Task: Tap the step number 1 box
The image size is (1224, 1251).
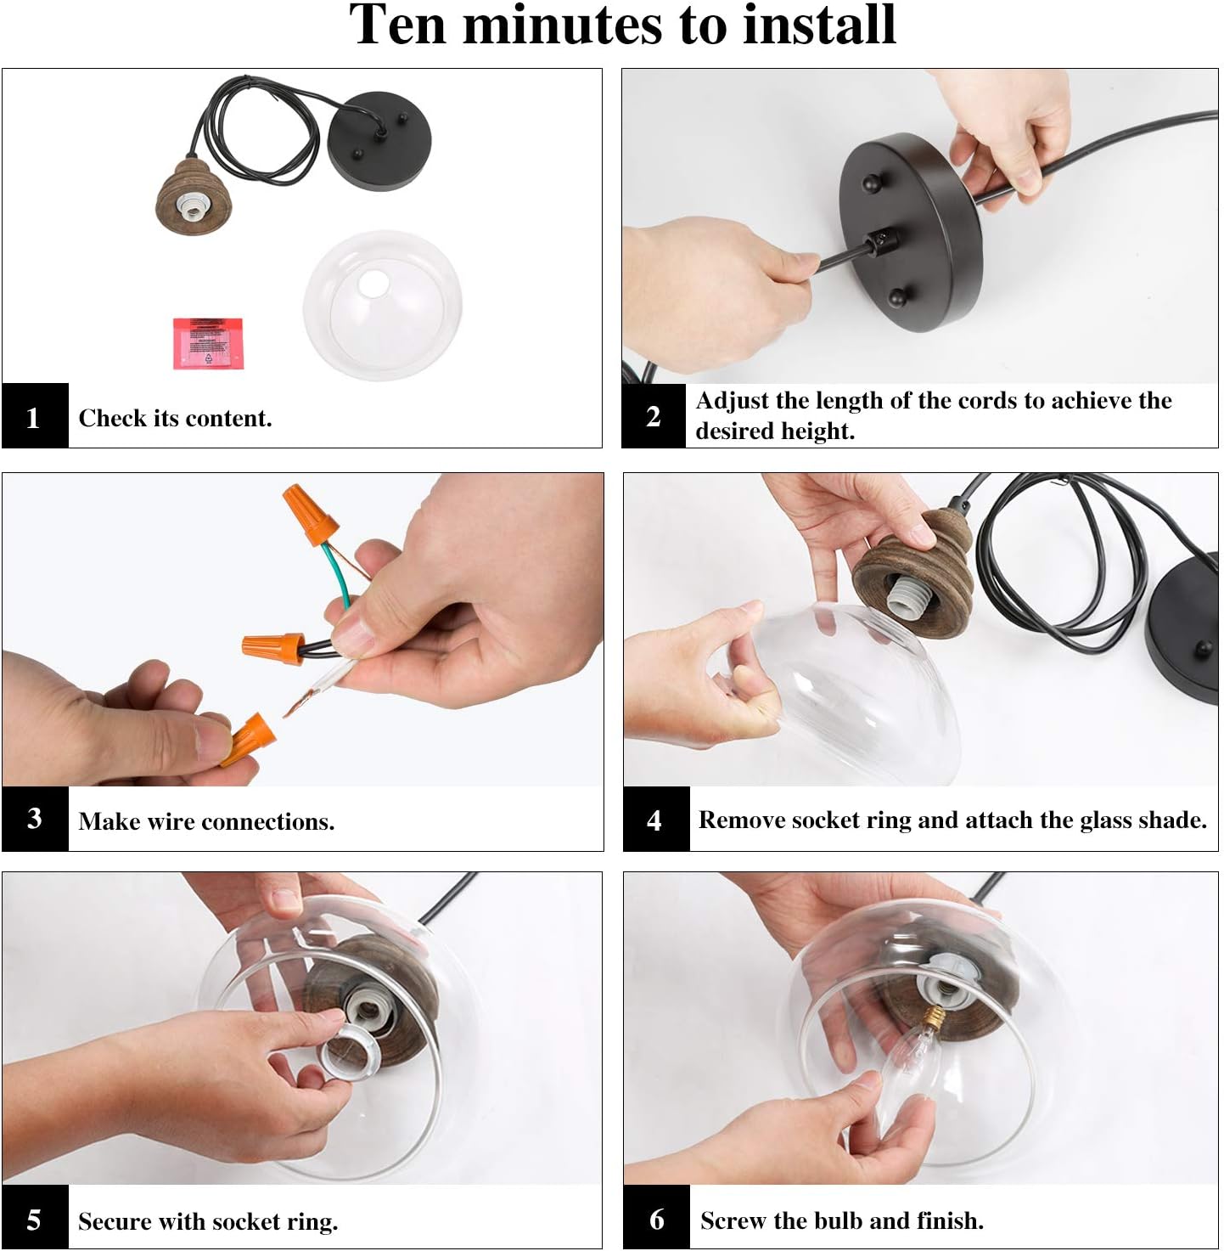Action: (35, 415)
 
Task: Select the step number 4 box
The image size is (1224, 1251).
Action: (656, 819)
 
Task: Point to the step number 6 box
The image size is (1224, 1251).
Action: (656, 1219)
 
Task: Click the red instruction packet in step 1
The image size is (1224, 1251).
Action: (208, 343)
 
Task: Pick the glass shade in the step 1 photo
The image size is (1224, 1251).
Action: (383, 305)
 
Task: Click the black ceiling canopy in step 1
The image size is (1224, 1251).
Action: (379, 141)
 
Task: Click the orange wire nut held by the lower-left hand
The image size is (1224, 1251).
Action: (249, 739)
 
